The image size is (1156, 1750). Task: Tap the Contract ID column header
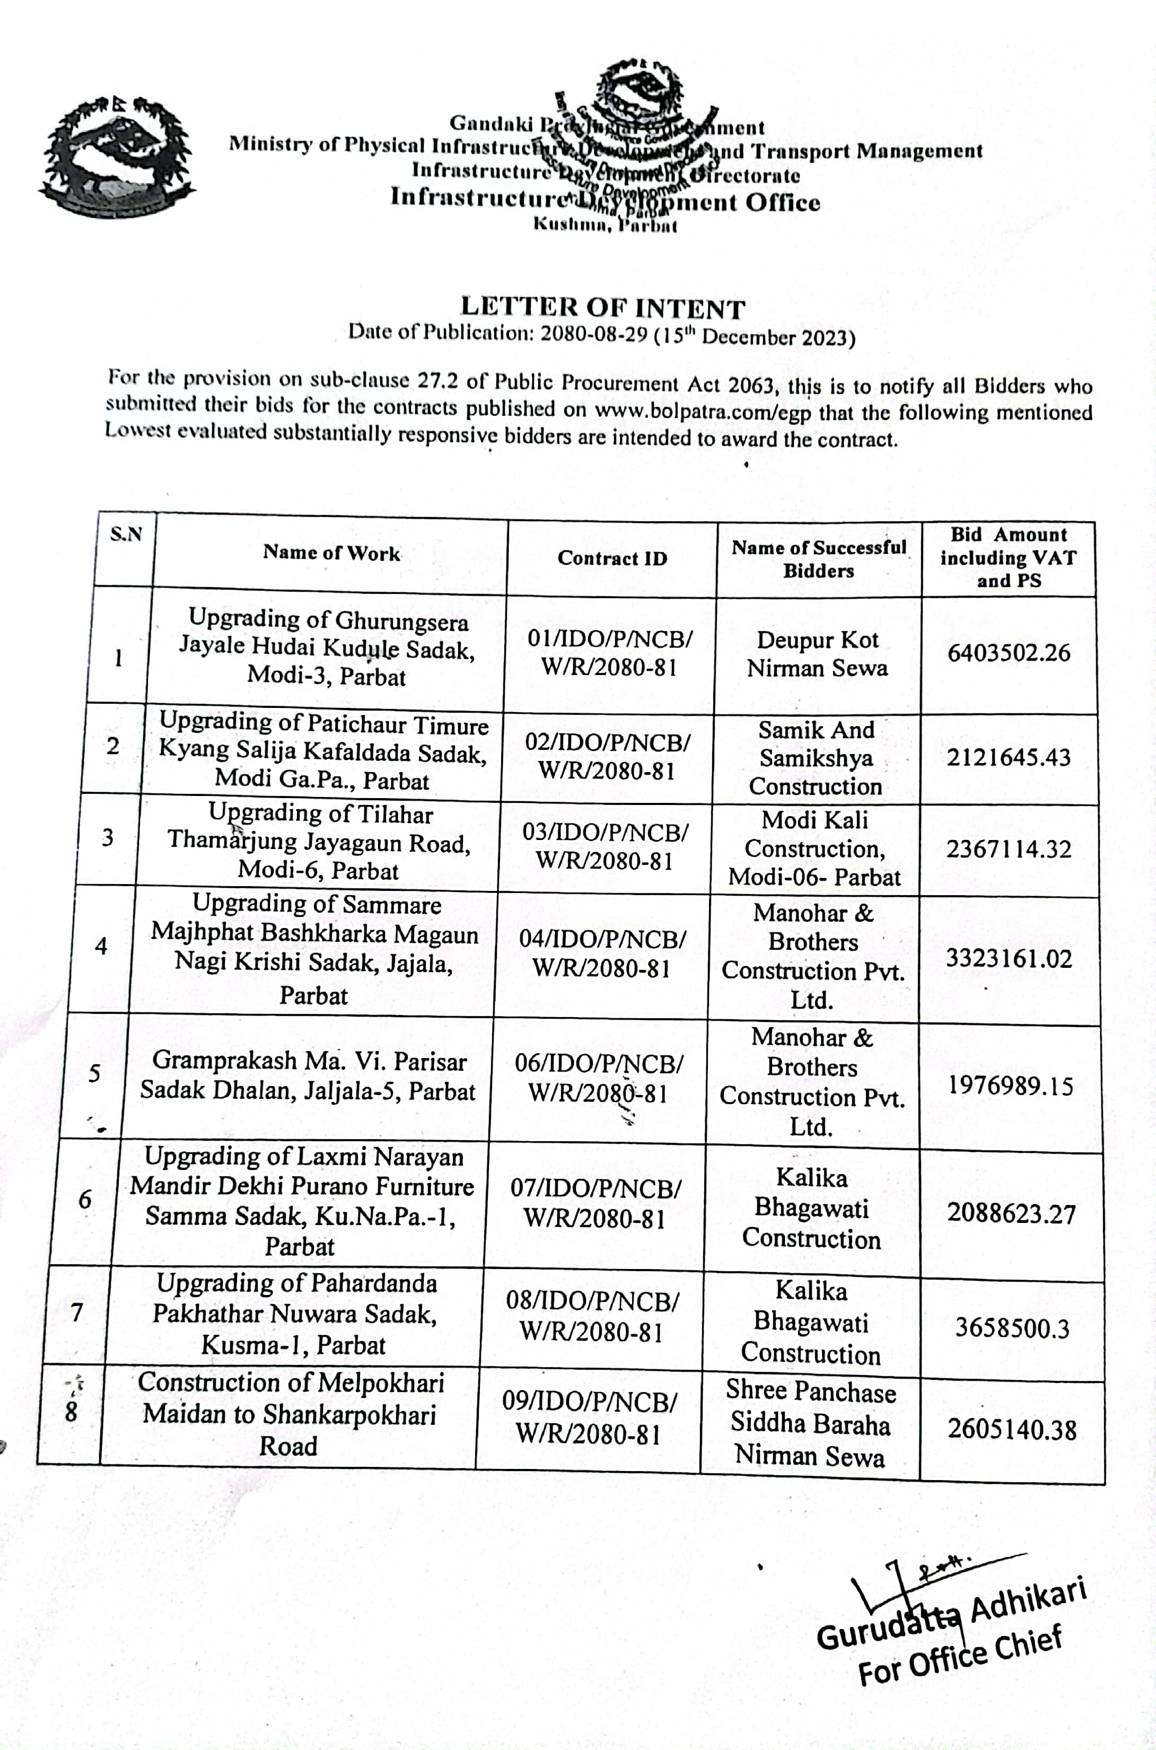[x=612, y=558]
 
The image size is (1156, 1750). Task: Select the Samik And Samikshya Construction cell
[x=816, y=758]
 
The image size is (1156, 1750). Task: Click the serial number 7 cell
[x=77, y=1313]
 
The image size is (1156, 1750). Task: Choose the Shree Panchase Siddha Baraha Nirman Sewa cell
[x=810, y=1423]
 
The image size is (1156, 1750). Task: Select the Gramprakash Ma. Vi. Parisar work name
[x=308, y=1075]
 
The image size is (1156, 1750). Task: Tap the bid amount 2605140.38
[x=1012, y=1429]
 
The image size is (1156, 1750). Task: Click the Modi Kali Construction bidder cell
[x=814, y=848]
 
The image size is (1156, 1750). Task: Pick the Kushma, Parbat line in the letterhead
[x=605, y=224]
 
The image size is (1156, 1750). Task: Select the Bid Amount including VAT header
[x=1008, y=557]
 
